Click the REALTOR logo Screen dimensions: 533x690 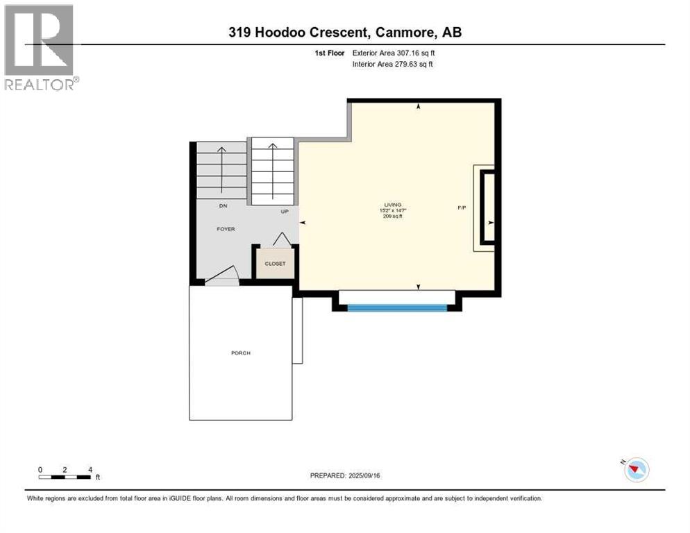[40, 47]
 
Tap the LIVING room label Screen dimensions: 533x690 [393, 205]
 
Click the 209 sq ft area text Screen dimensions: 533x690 [393, 217]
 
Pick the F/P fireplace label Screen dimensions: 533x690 [461, 207]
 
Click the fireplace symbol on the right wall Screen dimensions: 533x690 [487, 208]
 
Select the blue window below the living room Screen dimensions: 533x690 [396, 307]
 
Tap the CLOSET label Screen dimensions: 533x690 [276, 264]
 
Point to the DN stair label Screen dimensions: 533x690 [223, 206]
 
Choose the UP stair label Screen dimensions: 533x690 [285, 212]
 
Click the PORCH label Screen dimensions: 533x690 [241, 353]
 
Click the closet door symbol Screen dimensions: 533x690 [281, 239]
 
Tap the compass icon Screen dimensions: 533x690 [635, 470]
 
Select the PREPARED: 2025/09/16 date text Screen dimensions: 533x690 [344, 475]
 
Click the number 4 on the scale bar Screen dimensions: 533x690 [90, 469]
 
